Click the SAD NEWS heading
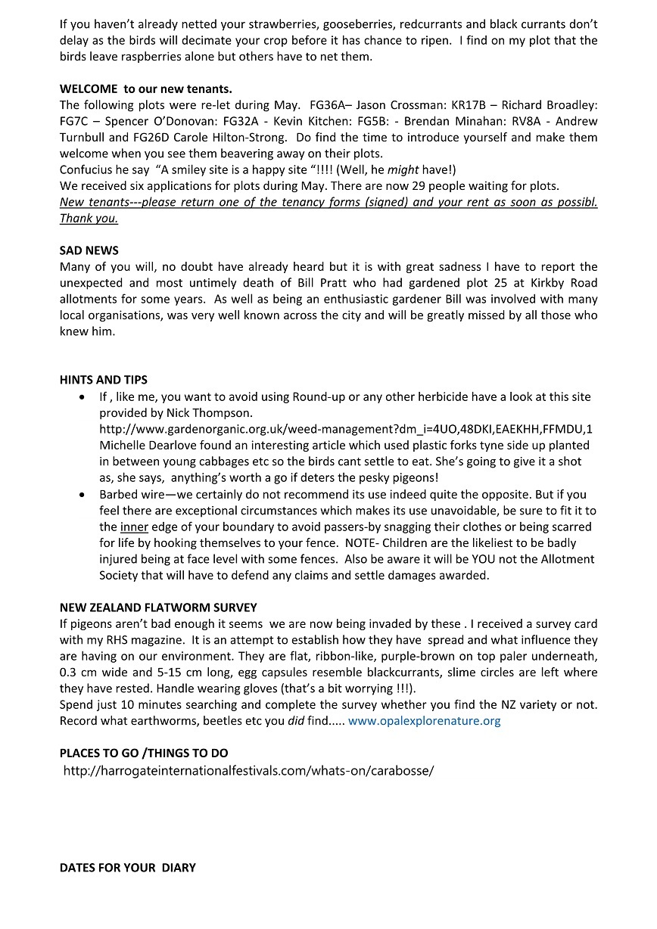pos(89,250)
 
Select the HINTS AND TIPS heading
pos(104,380)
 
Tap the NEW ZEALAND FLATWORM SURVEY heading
pos(158,607)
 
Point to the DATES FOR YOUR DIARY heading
pos(128,868)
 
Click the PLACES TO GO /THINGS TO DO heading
pos(144,753)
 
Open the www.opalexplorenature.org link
pos(424,721)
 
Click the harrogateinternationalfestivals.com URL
pos(248,771)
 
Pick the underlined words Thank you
pos(89,219)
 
